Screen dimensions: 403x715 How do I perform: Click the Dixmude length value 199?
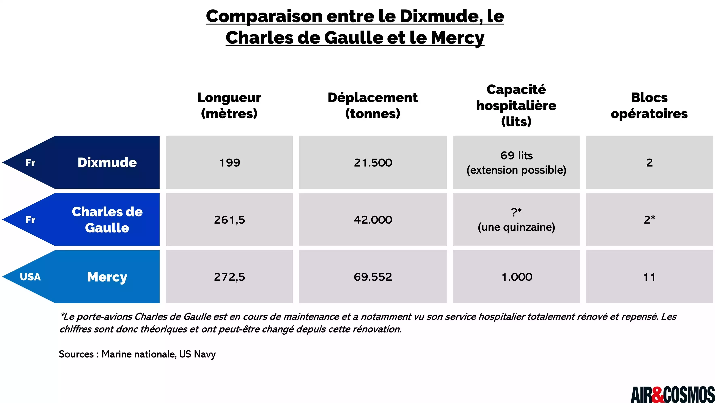coord(230,163)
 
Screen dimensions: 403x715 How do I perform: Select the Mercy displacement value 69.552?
coord(373,277)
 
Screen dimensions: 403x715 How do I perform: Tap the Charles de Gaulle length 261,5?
coord(230,220)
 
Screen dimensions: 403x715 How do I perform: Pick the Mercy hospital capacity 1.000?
coord(517,277)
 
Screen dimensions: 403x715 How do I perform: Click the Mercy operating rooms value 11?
coord(649,277)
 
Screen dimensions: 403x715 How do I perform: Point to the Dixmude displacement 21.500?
coord(373,163)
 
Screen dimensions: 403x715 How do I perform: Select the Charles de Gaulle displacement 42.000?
coord(373,220)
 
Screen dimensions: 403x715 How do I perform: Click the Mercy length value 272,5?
coord(230,277)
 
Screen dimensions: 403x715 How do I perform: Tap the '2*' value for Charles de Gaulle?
coord(649,220)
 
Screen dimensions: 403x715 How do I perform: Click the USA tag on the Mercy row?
coord(30,277)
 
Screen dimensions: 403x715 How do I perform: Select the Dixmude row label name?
coord(107,163)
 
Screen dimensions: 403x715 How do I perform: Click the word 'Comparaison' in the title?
coord(264,16)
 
